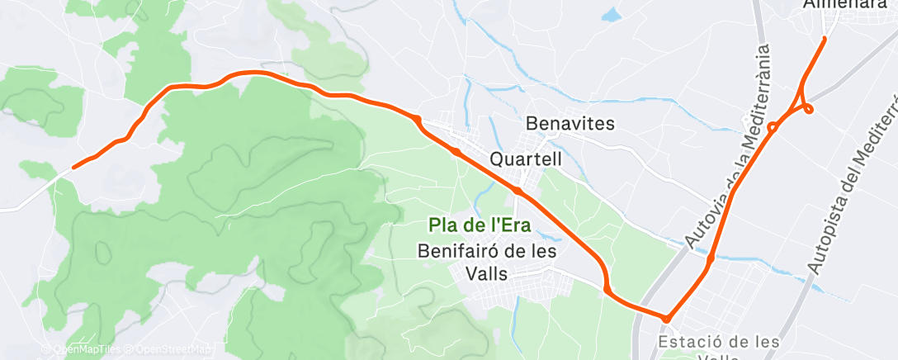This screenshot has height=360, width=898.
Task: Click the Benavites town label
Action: click(570, 125)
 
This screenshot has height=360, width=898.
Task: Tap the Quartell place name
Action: click(525, 158)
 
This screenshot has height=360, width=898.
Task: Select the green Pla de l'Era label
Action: click(479, 224)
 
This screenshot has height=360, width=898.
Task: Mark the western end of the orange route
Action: click(74, 167)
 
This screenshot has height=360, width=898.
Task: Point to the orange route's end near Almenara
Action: click(825, 39)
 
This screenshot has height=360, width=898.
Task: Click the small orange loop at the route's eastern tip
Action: click(809, 108)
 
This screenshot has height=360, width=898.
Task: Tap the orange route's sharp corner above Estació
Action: click(665, 318)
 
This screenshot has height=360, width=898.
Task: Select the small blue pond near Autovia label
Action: click(611, 15)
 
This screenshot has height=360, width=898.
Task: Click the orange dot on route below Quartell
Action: click(517, 191)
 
